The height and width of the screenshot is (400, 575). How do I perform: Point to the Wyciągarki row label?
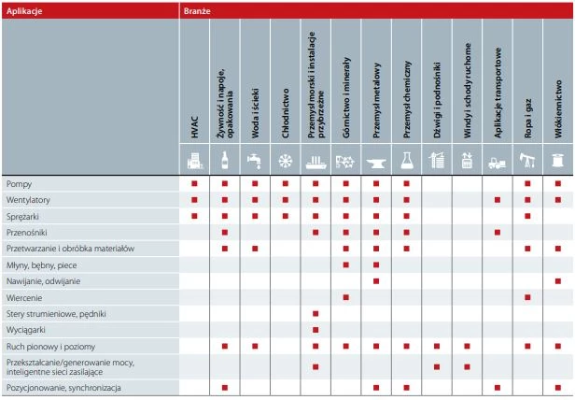click(26, 329)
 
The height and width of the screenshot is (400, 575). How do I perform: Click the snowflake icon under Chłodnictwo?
click(286, 160)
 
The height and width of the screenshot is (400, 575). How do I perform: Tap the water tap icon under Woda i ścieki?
click(255, 160)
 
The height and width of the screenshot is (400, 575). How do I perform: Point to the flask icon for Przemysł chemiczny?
click(407, 160)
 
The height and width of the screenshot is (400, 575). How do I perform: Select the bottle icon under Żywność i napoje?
click(224, 160)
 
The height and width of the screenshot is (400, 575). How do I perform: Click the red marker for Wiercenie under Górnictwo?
click(346, 296)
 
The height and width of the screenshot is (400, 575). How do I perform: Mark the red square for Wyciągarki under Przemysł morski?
click(316, 329)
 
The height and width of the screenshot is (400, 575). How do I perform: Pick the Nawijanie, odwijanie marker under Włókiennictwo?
click(559, 279)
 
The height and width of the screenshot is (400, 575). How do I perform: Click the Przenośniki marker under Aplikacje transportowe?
click(498, 231)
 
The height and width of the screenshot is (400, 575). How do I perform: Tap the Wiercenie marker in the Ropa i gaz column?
click(528, 296)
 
